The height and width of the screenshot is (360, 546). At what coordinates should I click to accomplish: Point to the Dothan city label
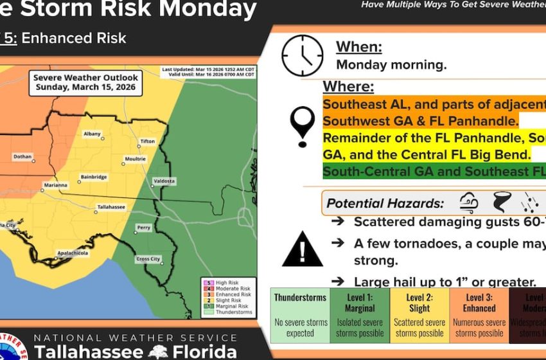(24, 156)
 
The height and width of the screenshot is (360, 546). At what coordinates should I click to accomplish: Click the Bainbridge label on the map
(94, 177)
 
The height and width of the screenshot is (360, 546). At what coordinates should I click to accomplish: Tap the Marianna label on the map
(56, 185)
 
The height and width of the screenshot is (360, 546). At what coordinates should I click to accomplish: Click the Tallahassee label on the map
(110, 207)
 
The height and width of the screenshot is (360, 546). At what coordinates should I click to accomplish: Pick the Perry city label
(144, 227)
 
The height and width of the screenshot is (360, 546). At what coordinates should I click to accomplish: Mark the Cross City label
(148, 259)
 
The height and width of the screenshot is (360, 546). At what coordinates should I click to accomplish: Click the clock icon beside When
(302, 55)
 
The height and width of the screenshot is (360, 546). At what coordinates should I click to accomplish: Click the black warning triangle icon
(303, 249)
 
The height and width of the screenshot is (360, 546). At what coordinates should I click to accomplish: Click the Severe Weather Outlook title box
(86, 83)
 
